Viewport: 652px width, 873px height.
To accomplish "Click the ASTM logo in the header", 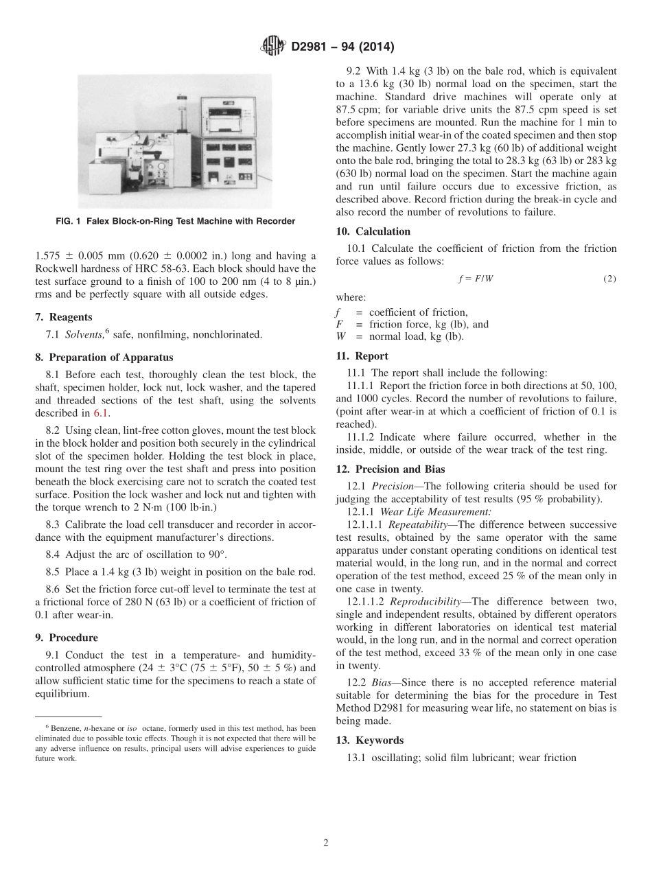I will tap(272, 47).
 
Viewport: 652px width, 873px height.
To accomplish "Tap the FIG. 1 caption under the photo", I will tap(175, 221).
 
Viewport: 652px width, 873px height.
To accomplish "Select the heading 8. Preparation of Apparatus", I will tap(104, 357).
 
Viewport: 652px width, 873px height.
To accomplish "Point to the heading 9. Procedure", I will tap(67, 638).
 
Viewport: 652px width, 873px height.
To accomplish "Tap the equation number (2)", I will tap(609, 279).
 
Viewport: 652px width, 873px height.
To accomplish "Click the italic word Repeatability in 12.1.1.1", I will tap(417, 524).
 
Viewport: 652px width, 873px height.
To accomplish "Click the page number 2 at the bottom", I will tap(326, 843).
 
